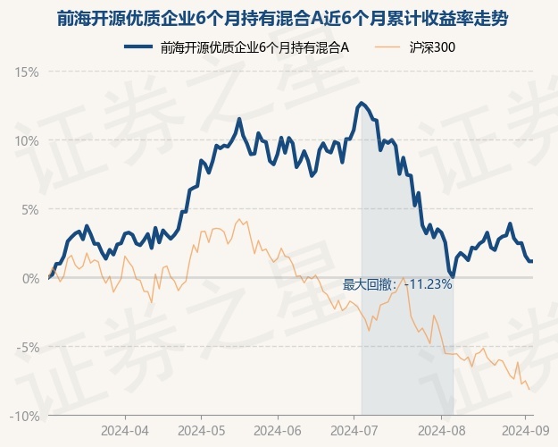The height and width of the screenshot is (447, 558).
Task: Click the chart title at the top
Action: [282, 19]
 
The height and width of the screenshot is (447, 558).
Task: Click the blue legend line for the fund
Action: [138, 46]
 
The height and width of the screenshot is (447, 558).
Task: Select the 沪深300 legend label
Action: [432, 47]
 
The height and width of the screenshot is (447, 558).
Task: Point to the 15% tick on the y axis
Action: [26, 72]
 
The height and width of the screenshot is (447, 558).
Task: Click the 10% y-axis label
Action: [26, 141]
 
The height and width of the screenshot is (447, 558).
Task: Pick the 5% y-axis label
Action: [29, 210]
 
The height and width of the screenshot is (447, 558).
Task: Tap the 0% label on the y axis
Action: [30, 278]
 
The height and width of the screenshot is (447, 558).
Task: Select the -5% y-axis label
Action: [28, 347]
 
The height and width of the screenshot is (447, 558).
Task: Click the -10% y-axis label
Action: [24, 416]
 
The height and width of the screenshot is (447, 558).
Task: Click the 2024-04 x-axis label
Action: [125, 431]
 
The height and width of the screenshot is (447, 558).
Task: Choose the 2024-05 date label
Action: [202, 431]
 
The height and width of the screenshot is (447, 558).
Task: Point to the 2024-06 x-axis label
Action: [278, 431]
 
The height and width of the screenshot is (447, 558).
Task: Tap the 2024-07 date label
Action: [354, 431]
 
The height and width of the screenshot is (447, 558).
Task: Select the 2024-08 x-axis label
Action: [441, 431]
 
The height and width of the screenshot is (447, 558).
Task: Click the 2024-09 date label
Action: [525, 431]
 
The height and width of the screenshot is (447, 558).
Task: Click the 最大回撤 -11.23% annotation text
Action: [397, 284]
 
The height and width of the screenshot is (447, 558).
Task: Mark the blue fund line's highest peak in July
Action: [362, 104]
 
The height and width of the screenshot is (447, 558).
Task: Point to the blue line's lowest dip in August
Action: [453, 276]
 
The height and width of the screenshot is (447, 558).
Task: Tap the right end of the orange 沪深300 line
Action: [529, 389]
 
